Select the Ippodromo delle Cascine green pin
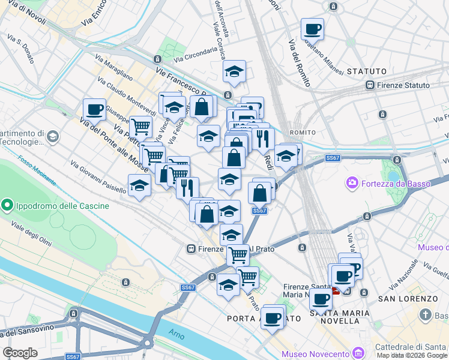pos(8,206)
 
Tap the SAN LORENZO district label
pos(408,299)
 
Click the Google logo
pos(20,353)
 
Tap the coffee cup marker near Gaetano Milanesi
pos(312,29)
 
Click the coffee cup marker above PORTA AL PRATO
pos(273,316)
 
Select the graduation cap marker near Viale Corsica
pos(234,72)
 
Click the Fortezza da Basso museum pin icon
pos(352,182)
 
